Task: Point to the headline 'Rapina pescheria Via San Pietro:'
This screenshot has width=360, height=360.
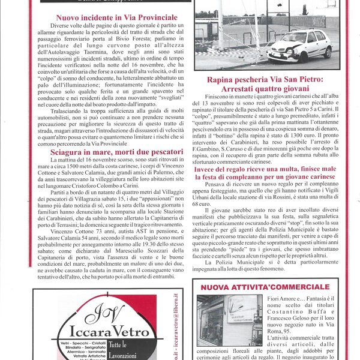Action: [272, 79]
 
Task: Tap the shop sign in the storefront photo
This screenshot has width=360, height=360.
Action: [228, 316]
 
